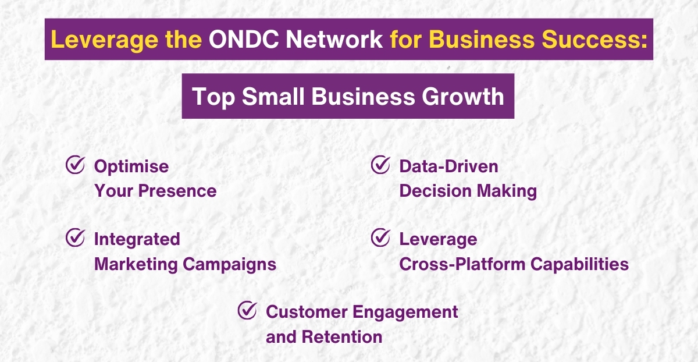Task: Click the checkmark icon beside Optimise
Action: pos(74,165)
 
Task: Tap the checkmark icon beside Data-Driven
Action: pos(380,165)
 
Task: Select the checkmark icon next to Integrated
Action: pos(74,237)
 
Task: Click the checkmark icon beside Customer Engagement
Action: pos(247,310)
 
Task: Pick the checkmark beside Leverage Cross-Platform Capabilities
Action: pos(380,237)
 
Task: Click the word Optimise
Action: pos(131,166)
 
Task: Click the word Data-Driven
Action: pos(448,166)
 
